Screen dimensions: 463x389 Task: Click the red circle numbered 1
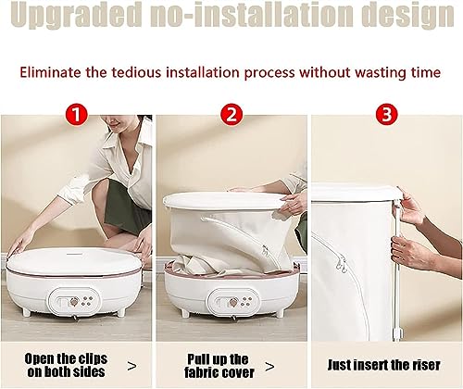(77, 115)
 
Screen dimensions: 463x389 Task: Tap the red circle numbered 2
(231, 115)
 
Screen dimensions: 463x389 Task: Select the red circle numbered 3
(386, 114)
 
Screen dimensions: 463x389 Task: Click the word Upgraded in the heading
(77, 16)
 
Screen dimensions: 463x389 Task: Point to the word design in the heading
(407, 16)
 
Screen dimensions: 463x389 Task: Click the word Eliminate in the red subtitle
(51, 72)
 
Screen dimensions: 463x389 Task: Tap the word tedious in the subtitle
(136, 72)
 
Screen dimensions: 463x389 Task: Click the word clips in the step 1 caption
(93, 359)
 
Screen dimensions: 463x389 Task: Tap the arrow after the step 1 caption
(131, 367)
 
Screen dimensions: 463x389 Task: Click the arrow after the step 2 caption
(269, 367)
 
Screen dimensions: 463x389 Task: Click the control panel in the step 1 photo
(74, 301)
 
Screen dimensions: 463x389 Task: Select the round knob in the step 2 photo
(232, 302)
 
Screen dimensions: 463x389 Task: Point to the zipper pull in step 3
(341, 265)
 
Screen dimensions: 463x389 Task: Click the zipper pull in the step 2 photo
(265, 250)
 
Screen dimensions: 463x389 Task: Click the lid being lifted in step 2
(223, 201)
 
